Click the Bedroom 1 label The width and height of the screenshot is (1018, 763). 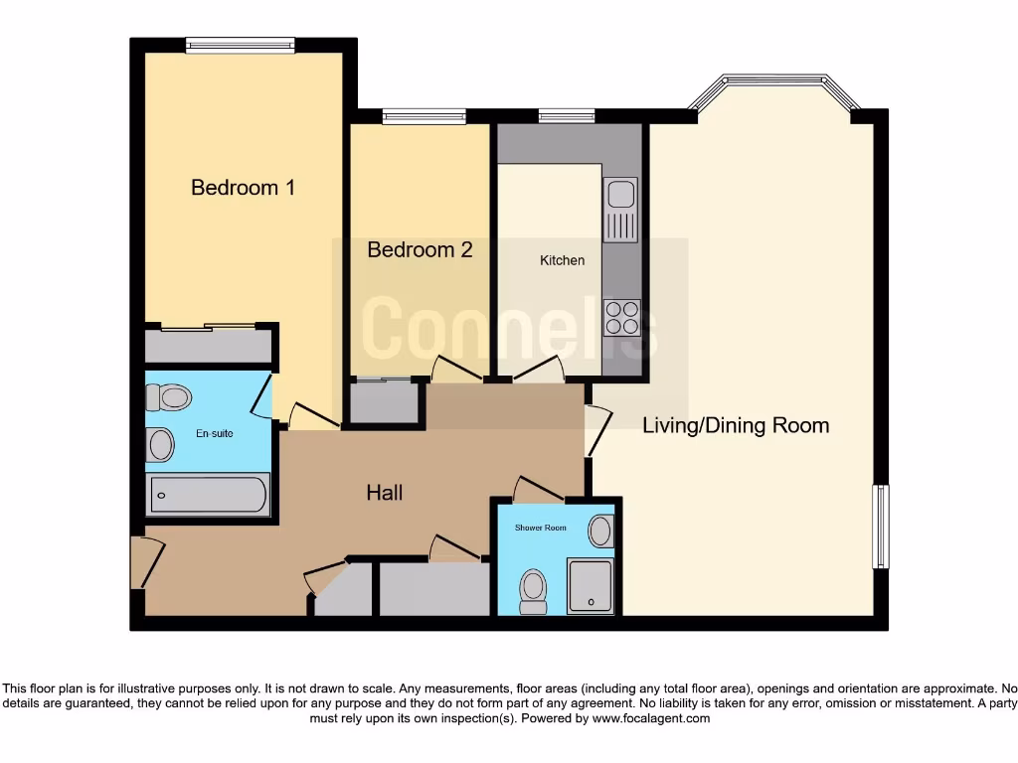[x=243, y=187]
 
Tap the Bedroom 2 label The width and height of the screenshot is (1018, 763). [x=420, y=249]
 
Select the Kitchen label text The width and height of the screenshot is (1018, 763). [x=562, y=260]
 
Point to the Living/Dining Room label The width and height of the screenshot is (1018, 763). [x=736, y=425]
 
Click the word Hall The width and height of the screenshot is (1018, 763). [x=384, y=492]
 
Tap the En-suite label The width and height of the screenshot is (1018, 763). [x=214, y=433]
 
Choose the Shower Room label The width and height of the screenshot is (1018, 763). [x=540, y=528]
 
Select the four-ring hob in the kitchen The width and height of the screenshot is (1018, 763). [x=621, y=317]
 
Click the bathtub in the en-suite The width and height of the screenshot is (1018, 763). [x=208, y=495]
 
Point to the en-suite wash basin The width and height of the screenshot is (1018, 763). [x=159, y=445]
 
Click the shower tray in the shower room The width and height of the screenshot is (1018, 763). [x=591, y=586]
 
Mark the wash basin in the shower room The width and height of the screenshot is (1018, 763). [x=600, y=531]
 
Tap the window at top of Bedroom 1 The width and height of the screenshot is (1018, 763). [x=240, y=45]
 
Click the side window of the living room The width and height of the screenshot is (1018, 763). [x=880, y=526]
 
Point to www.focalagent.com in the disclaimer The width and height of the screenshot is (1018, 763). [x=651, y=718]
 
